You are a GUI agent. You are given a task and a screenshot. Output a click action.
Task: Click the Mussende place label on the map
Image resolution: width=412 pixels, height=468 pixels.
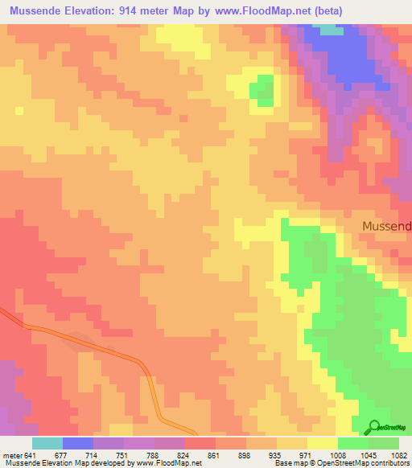(x=386, y=226)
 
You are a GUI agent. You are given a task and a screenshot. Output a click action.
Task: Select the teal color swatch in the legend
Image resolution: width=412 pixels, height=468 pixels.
(x=47, y=443)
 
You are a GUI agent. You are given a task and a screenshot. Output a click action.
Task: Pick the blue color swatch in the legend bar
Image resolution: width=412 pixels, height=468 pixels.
(x=77, y=443)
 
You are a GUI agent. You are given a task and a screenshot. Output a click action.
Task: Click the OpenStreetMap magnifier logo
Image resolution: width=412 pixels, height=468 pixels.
(x=374, y=428)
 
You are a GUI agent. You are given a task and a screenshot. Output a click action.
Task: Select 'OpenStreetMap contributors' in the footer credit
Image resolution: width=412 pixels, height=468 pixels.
(x=361, y=463)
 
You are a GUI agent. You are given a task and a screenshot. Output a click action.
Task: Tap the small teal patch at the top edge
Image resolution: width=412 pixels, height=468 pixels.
(x=331, y=29)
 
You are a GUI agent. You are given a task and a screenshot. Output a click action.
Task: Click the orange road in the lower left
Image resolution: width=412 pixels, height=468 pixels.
(x=97, y=343)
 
